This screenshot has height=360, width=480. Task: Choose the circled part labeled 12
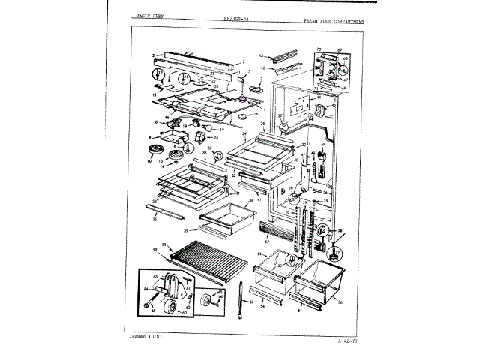click(x=158, y=74)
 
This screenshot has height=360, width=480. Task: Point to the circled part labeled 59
click(x=337, y=251)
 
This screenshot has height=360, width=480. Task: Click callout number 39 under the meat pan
click(x=187, y=231)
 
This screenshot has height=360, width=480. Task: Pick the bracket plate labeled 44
click(x=302, y=106)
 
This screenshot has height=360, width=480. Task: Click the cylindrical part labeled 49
click(x=322, y=164)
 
